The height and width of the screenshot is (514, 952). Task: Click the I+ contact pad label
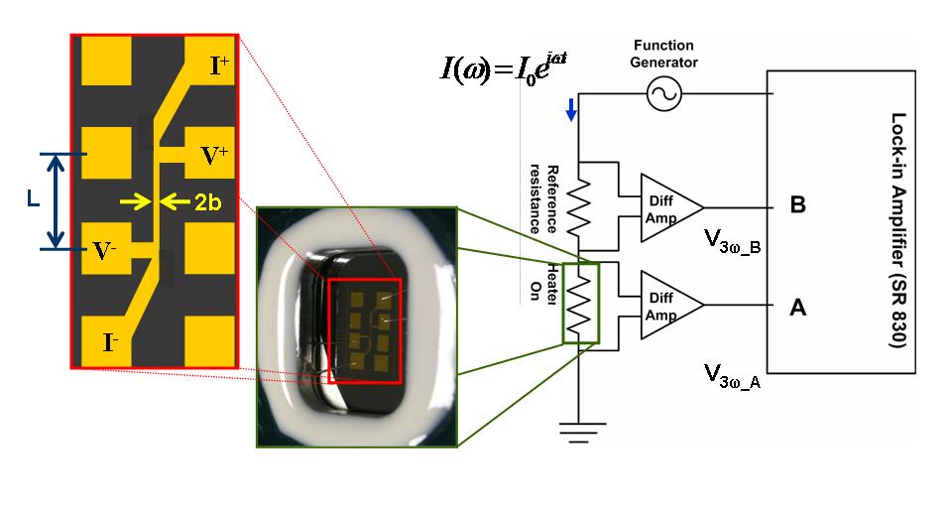click(x=219, y=65)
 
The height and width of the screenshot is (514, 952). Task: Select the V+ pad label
click(x=214, y=156)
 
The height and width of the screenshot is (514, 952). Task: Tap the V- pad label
click(x=104, y=250)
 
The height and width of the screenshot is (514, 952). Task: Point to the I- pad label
click(x=110, y=343)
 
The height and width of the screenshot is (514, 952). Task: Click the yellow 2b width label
click(x=207, y=201)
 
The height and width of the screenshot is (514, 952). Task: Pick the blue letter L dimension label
click(x=34, y=198)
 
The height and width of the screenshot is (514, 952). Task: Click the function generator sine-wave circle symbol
click(x=664, y=93)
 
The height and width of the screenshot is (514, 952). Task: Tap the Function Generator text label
click(x=663, y=54)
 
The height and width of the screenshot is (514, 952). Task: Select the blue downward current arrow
click(x=571, y=110)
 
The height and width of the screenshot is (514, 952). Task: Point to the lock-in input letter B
click(x=797, y=204)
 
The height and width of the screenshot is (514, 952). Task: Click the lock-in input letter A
click(x=797, y=308)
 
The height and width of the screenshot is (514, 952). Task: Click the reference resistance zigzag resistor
click(x=578, y=206)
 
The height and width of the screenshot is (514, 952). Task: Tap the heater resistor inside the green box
click(x=578, y=304)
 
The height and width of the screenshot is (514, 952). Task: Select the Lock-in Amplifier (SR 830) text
click(x=898, y=230)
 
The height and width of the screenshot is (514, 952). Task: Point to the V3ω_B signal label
click(x=733, y=241)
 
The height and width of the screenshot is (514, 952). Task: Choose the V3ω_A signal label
click(x=732, y=375)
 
